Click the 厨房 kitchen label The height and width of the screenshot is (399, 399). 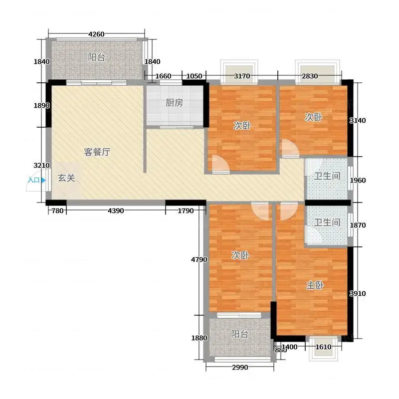pos(174,103)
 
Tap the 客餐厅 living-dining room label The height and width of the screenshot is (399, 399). pos(97,152)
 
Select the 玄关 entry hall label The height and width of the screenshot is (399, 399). pos(66,178)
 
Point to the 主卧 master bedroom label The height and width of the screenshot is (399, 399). pos(315,285)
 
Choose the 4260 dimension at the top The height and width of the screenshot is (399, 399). pos(96,34)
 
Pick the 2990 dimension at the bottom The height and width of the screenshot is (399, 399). pos(240,367)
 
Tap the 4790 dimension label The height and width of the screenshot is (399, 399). pos(199,259)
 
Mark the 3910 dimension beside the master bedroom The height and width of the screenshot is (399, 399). pos(358,293)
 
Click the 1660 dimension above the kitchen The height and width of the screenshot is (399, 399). pos(164,76)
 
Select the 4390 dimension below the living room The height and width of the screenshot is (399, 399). pos(116,210)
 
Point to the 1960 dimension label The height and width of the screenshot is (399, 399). pos(358,181)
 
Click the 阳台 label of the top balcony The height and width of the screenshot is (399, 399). pos(97,57)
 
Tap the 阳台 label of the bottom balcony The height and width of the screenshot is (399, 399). pos(240,334)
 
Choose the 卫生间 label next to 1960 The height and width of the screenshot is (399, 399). pos(327,176)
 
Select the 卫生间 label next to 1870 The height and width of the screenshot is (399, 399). pos(327,222)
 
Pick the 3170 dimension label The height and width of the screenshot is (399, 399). pos(242,76)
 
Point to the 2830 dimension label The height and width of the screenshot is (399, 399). pos(310,76)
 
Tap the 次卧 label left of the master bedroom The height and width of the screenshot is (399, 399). pos(240,255)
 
